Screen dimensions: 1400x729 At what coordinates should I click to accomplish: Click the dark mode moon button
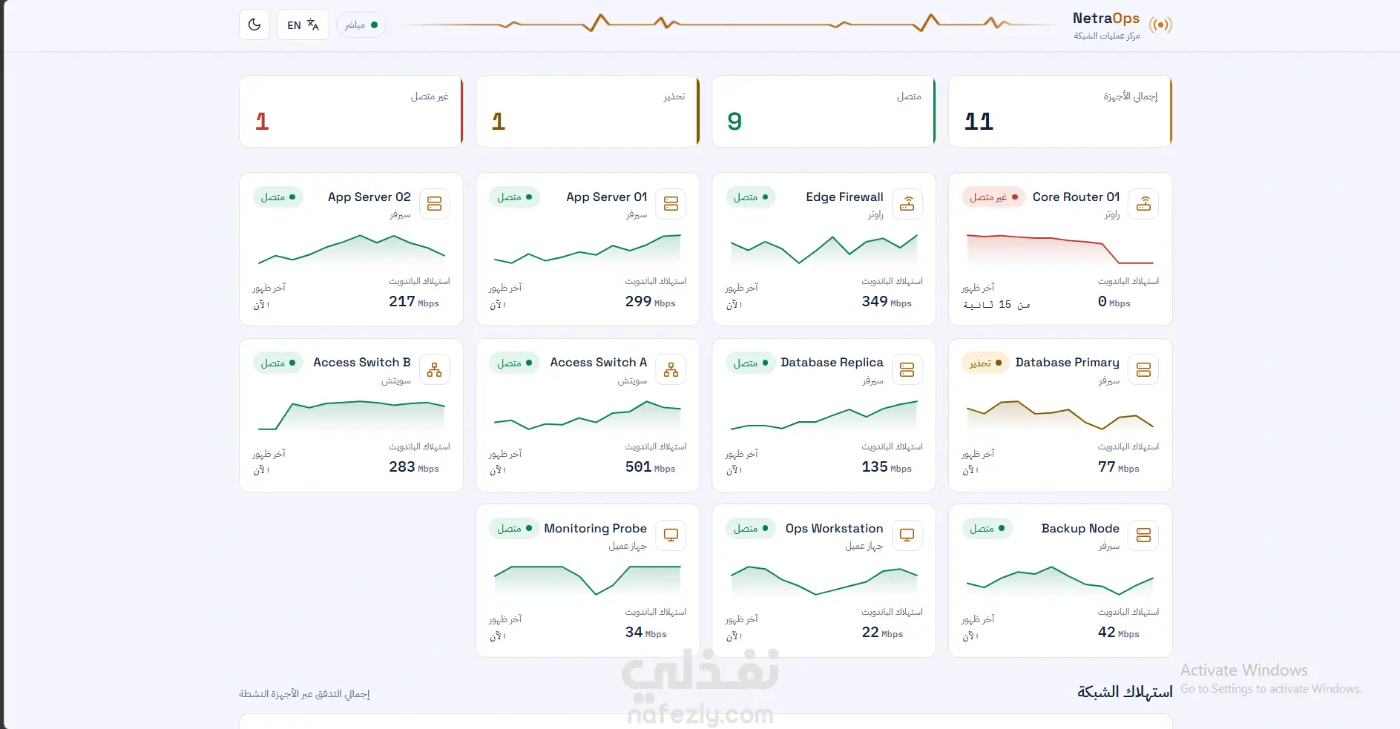254,24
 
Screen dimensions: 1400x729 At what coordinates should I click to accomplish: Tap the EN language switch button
303,24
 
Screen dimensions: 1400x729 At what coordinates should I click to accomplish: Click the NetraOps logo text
1105,18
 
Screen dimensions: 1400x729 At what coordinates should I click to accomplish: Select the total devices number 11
979,121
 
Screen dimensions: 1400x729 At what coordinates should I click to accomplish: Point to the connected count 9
734,121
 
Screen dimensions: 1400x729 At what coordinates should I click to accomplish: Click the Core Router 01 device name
1076,197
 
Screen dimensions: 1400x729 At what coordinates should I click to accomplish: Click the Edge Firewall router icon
907,204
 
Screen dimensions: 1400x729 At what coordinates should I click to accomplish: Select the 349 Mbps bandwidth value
887,301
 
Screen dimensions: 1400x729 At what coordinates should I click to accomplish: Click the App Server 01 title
606,197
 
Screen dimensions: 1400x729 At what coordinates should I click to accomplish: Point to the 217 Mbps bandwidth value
414,301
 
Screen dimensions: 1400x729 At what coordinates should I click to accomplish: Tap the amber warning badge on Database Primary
985,363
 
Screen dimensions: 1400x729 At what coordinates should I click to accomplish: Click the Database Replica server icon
907,369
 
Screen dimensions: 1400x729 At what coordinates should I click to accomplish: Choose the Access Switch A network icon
671,369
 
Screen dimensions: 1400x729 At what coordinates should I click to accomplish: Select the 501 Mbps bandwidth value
650,466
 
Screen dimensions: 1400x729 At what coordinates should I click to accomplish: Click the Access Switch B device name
361,362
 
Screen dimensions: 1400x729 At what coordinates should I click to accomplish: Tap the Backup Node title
1080,528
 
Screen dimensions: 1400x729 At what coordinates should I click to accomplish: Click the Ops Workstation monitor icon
907,535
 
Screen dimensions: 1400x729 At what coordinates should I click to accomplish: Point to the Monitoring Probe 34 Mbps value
645,632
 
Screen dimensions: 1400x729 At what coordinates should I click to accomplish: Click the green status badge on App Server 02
278,197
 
